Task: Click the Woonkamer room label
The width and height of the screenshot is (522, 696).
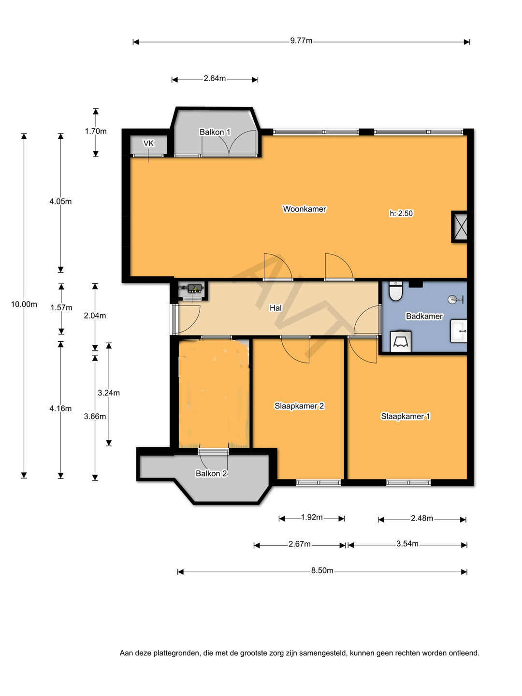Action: (304, 209)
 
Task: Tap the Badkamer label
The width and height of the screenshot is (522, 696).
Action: (424, 316)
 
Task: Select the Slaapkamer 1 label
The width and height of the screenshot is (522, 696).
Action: (406, 416)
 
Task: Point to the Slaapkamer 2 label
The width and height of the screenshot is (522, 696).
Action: (299, 406)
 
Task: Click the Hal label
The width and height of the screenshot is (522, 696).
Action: (275, 307)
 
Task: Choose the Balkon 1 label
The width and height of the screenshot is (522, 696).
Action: (215, 132)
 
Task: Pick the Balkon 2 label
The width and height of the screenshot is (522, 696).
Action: (211, 473)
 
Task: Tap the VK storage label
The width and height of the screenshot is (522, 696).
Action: (148, 144)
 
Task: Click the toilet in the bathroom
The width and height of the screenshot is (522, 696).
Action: (395, 290)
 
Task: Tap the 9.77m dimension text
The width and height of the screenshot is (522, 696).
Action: (301, 41)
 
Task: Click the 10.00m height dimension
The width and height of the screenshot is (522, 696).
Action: (24, 304)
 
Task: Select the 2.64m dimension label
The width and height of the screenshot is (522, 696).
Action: (215, 78)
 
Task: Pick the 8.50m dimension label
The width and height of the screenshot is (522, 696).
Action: (322, 570)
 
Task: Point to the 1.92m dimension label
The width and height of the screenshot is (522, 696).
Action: (312, 517)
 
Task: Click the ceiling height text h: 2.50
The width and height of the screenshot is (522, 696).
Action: (401, 213)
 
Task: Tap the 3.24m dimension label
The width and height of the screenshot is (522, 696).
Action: (109, 393)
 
